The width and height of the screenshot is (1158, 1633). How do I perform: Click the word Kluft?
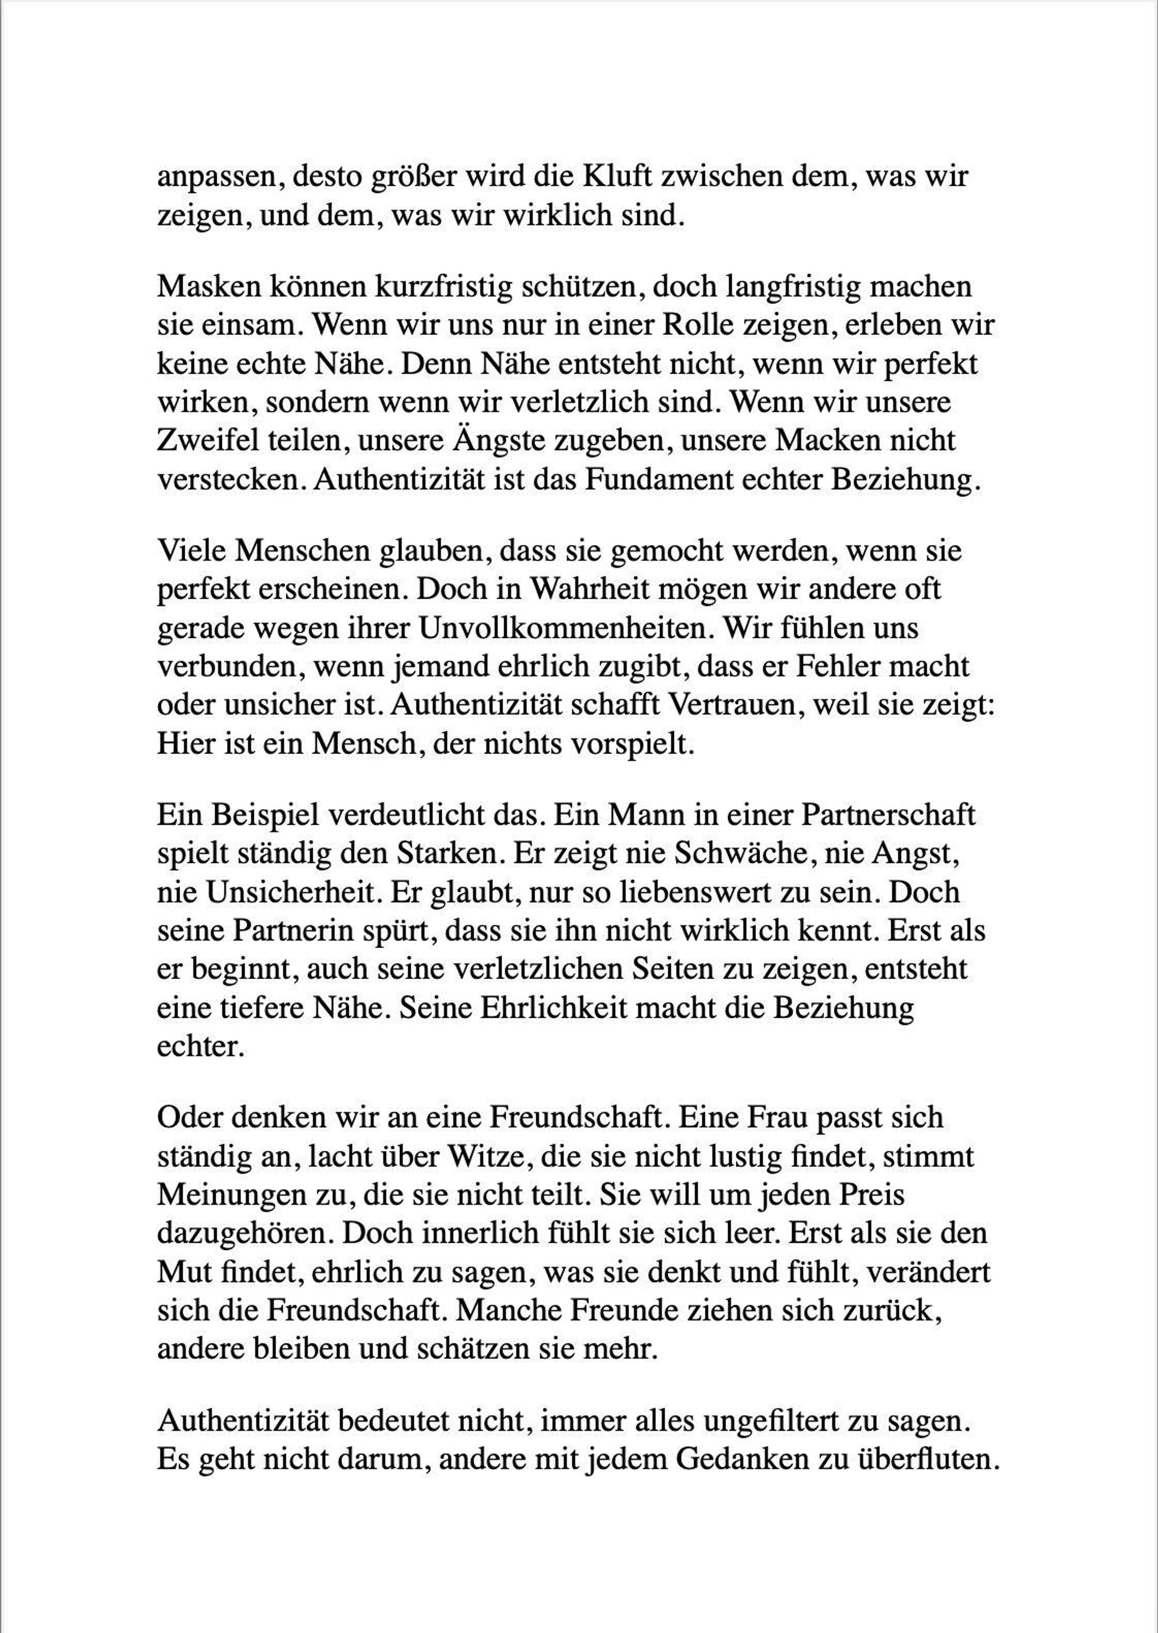[x=618, y=176]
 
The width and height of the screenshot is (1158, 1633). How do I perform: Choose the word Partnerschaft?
[x=888, y=815]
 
